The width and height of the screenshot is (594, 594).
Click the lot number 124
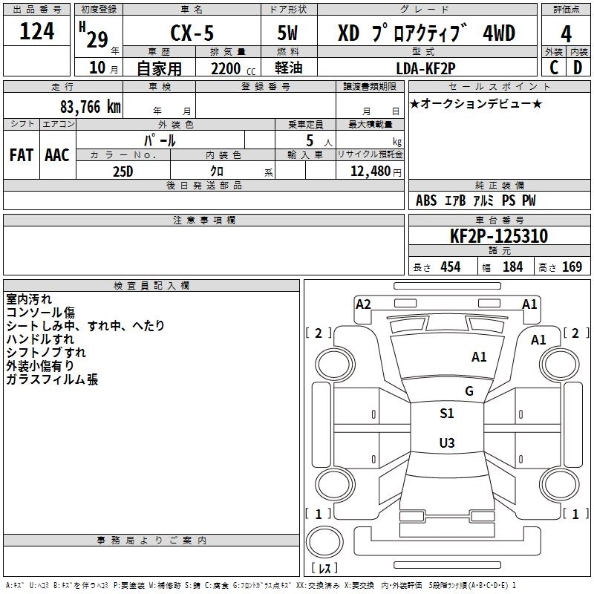click(x=36, y=31)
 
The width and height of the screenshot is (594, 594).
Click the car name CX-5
click(x=192, y=33)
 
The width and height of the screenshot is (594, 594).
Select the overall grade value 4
click(x=566, y=34)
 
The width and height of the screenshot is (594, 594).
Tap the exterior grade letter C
click(x=554, y=68)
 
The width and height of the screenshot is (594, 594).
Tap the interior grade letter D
click(x=578, y=68)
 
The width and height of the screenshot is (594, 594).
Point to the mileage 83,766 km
click(x=90, y=107)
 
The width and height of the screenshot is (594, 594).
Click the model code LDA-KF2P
click(x=425, y=68)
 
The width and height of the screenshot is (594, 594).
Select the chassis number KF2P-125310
click(x=498, y=236)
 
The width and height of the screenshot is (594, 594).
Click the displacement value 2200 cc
click(x=232, y=69)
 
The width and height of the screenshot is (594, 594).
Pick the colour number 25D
click(x=123, y=172)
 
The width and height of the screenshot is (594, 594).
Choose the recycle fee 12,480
click(x=370, y=172)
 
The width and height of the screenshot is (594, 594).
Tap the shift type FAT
click(x=22, y=155)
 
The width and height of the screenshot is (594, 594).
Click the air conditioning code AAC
click(x=57, y=155)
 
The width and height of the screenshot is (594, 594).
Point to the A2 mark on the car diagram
click(x=363, y=304)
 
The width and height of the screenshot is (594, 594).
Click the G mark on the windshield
click(x=469, y=391)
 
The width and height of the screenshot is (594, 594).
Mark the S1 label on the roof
click(x=447, y=414)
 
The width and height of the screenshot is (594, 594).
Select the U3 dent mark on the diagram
click(x=447, y=443)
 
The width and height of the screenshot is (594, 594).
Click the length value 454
click(x=451, y=267)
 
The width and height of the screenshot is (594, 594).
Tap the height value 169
click(x=572, y=267)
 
